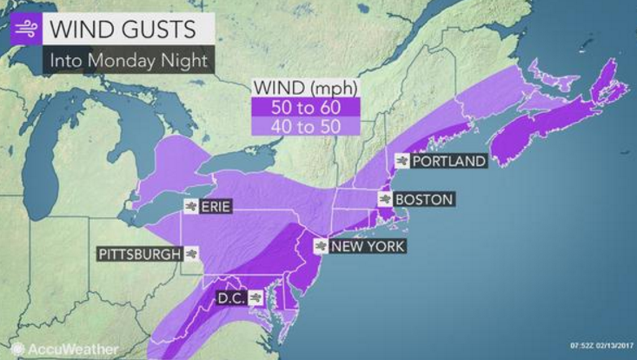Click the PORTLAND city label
[x=449, y=161]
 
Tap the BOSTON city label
[x=424, y=199]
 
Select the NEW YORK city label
[x=368, y=246]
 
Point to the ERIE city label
[x=215, y=206]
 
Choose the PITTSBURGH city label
[x=138, y=254]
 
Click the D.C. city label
[x=231, y=297]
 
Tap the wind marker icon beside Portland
[x=402, y=161]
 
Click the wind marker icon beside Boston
[x=385, y=199]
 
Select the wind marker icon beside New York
[x=322, y=246]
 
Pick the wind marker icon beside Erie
[x=190, y=206]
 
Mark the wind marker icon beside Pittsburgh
[x=190, y=254]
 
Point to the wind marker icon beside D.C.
[x=256, y=297]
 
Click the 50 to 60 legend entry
[x=306, y=107]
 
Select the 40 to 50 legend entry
[x=306, y=125]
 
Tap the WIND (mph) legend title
[x=306, y=89]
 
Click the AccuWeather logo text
[x=72, y=349]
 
